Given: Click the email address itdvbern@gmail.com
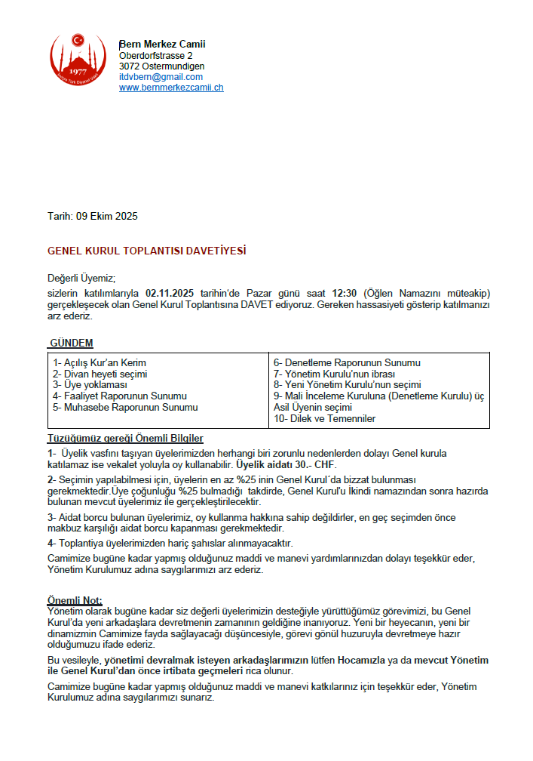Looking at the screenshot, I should [x=161, y=77].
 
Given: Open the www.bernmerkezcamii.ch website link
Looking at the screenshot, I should [x=171, y=88].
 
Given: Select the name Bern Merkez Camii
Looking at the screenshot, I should [x=162, y=45].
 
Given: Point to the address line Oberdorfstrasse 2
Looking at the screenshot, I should [x=155, y=56].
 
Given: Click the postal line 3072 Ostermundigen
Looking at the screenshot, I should [x=161, y=66].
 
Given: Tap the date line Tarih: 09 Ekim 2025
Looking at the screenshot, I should [x=93, y=217].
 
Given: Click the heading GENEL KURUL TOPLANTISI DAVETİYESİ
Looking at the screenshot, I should [x=147, y=251].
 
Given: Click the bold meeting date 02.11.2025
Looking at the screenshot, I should [x=171, y=293].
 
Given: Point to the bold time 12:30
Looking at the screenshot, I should [x=344, y=293].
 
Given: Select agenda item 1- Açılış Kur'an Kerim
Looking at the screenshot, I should [x=100, y=363].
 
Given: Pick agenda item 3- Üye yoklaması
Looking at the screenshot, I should [x=90, y=385].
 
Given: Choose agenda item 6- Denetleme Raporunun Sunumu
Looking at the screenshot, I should [x=347, y=363].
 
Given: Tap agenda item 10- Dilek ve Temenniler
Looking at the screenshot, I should [x=324, y=418].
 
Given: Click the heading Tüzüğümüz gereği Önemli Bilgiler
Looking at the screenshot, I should [x=125, y=439].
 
